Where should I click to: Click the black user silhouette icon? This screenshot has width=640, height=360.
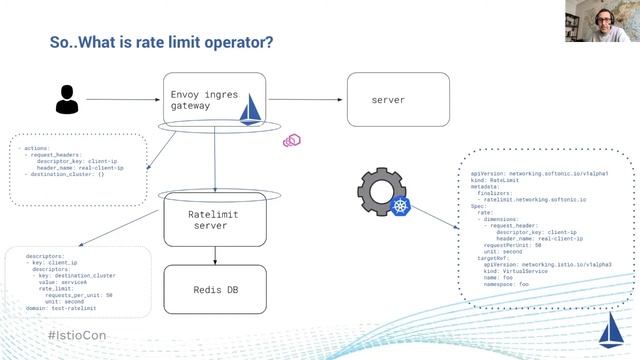67,100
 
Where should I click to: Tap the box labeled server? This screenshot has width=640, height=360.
387,100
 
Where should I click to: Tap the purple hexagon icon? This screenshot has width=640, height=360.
292,140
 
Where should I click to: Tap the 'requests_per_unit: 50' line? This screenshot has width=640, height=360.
80,295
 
